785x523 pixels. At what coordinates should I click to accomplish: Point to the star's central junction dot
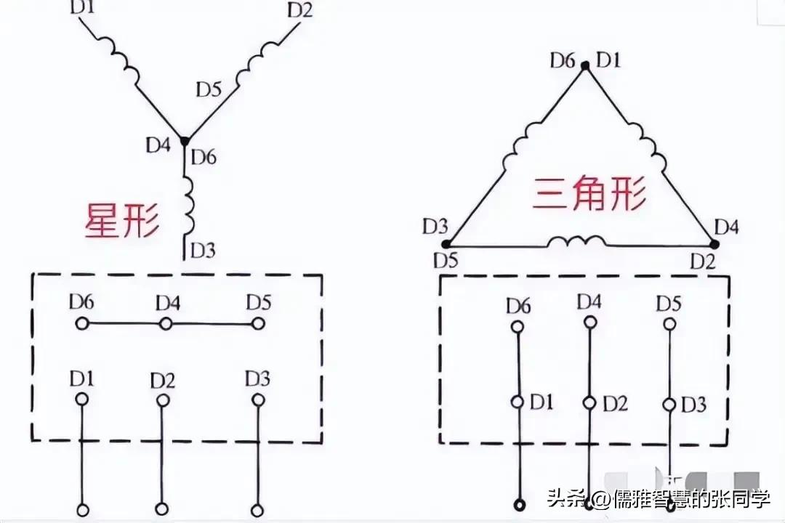[184, 141]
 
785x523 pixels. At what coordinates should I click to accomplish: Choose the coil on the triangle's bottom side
[576, 241]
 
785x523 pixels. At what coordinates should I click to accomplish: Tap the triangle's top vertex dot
[585, 65]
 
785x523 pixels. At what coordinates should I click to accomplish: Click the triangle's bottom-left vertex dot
[446, 244]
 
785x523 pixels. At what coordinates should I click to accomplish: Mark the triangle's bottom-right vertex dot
[711, 244]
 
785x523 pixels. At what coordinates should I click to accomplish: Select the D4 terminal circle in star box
[166, 323]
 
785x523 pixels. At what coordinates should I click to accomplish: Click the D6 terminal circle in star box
[81, 323]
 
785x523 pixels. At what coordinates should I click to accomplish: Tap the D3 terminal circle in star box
[257, 400]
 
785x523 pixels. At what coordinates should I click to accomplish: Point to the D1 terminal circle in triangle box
[518, 402]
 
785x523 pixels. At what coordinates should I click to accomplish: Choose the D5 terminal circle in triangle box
[668, 326]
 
